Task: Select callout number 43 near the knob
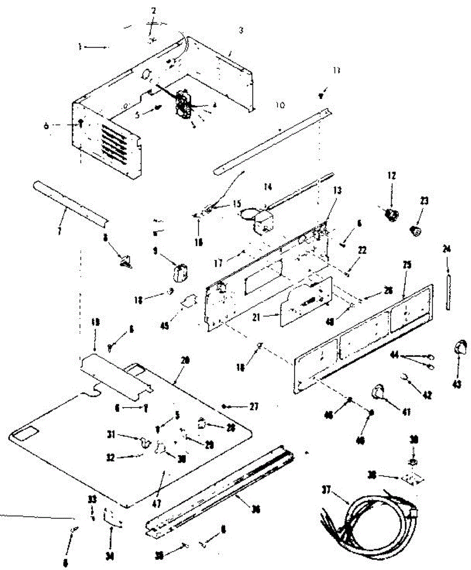pyautogui.click(x=457, y=385)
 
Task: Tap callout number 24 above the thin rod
pyautogui.click(x=446, y=248)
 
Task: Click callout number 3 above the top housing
pyautogui.click(x=241, y=30)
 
